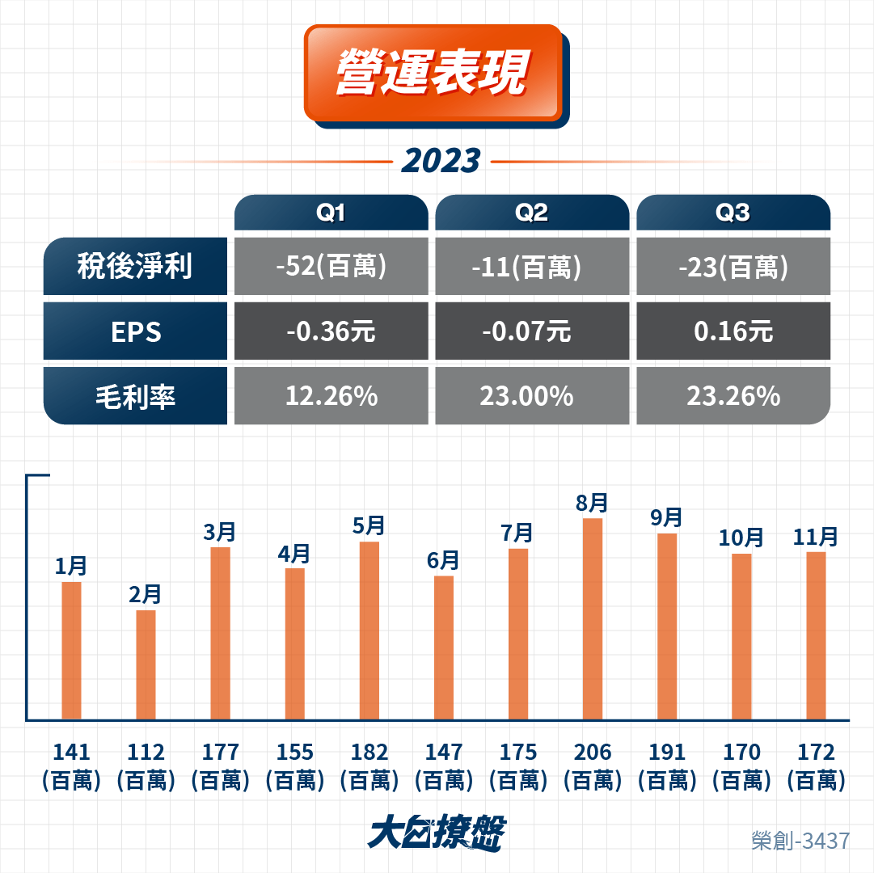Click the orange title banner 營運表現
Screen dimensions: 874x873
coord(433,73)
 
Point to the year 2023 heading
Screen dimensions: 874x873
coord(441,161)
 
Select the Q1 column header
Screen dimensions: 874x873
coord(331,213)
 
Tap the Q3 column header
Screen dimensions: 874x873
coord(733,213)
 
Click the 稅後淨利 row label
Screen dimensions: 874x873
coord(135,266)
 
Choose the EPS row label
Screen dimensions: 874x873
coord(135,331)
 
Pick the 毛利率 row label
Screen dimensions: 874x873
coord(135,396)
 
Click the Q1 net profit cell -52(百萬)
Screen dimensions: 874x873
coord(331,266)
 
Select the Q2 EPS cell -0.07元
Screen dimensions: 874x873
coord(532,331)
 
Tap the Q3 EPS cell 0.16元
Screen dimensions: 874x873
coord(733,331)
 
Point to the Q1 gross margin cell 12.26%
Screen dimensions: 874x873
coord(331,396)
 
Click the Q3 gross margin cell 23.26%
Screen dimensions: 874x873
coord(733,396)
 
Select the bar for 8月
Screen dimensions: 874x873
coord(593,619)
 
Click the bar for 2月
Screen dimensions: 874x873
coord(146,665)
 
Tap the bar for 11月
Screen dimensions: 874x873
coord(816,635)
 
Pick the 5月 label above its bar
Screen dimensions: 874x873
coord(369,525)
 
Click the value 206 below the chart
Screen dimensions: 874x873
coord(593,752)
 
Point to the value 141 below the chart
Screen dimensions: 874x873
coord(71,752)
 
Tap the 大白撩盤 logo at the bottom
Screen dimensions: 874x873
coord(437,833)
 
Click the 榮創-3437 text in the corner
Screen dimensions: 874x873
coord(800,841)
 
